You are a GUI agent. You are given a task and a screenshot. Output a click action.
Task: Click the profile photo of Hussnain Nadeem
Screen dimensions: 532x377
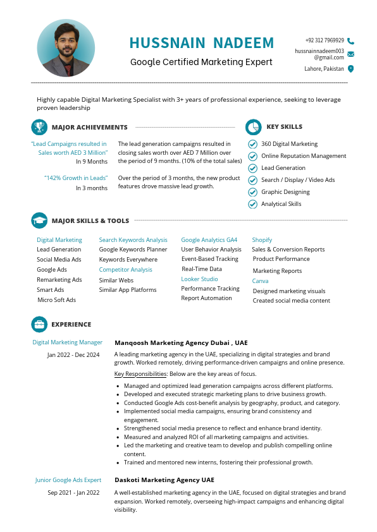point(66,48)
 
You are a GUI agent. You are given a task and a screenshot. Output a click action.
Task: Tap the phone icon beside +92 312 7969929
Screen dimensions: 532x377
point(350,40)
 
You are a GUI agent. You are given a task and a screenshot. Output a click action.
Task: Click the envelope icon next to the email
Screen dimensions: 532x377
point(350,54)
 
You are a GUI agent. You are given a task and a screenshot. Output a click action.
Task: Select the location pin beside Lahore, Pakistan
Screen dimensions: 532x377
point(350,68)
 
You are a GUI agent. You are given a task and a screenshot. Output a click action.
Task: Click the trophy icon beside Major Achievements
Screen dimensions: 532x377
point(39,127)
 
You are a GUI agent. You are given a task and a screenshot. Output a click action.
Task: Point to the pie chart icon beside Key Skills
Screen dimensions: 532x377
point(253,127)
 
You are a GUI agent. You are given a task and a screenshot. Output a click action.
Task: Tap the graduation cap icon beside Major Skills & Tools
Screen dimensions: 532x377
point(39,221)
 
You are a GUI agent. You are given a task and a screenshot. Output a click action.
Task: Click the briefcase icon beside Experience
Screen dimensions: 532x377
point(39,324)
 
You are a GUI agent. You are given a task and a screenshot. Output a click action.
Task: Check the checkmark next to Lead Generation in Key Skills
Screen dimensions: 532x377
point(253,168)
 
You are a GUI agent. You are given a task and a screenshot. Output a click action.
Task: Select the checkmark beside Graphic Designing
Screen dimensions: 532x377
point(253,192)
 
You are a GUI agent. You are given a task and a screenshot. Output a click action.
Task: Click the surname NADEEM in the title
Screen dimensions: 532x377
point(244,43)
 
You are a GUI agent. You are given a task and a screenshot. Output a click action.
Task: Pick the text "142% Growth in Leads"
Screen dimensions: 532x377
point(76,178)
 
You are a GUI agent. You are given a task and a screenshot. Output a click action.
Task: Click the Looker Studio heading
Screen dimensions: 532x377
point(199,279)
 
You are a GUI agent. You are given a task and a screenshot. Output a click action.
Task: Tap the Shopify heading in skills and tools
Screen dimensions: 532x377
point(262,240)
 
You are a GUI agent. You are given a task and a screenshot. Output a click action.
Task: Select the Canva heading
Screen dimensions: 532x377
point(260,281)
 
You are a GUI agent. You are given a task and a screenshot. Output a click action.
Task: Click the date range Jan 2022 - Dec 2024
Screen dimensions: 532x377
point(73,355)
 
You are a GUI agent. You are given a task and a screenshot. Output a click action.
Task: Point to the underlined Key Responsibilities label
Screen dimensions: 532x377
point(140,374)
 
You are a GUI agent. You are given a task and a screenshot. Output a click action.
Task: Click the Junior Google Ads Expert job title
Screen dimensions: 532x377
point(68,480)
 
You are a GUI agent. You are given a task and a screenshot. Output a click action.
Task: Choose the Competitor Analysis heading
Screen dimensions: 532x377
point(125,270)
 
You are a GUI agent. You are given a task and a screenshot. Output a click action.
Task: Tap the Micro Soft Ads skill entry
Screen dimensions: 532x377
point(56,300)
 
